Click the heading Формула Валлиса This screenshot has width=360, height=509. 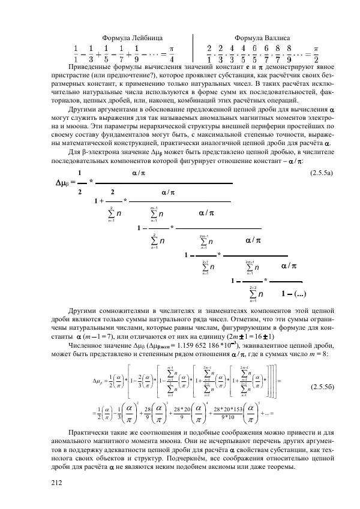point(262,37)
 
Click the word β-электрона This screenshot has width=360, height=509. point(100,153)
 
